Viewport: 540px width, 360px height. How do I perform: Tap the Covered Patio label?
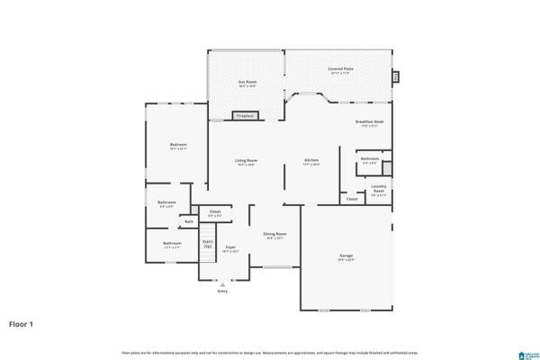(338, 68)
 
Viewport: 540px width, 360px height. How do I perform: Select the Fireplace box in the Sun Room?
(244, 116)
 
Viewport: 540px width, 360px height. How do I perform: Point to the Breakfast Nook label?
(369, 121)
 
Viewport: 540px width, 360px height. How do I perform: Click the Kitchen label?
(310, 161)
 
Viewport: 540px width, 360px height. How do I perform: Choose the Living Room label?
(247, 161)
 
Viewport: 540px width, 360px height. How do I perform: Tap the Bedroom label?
(178, 145)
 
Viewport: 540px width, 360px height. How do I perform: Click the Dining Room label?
(274, 234)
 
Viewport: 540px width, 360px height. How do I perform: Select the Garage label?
(346, 256)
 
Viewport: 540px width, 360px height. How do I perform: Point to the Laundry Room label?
(379, 188)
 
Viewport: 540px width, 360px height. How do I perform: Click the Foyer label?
(230, 247)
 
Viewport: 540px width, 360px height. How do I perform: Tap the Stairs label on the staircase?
(207, 243)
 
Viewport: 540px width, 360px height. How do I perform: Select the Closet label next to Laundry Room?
(351, 199)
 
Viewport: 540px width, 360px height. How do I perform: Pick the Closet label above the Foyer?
(214, 213)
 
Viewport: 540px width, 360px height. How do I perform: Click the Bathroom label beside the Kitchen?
(369, 160)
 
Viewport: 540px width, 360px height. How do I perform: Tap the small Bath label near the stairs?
(189, 220)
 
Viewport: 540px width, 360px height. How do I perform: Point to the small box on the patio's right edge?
(393, 76)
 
